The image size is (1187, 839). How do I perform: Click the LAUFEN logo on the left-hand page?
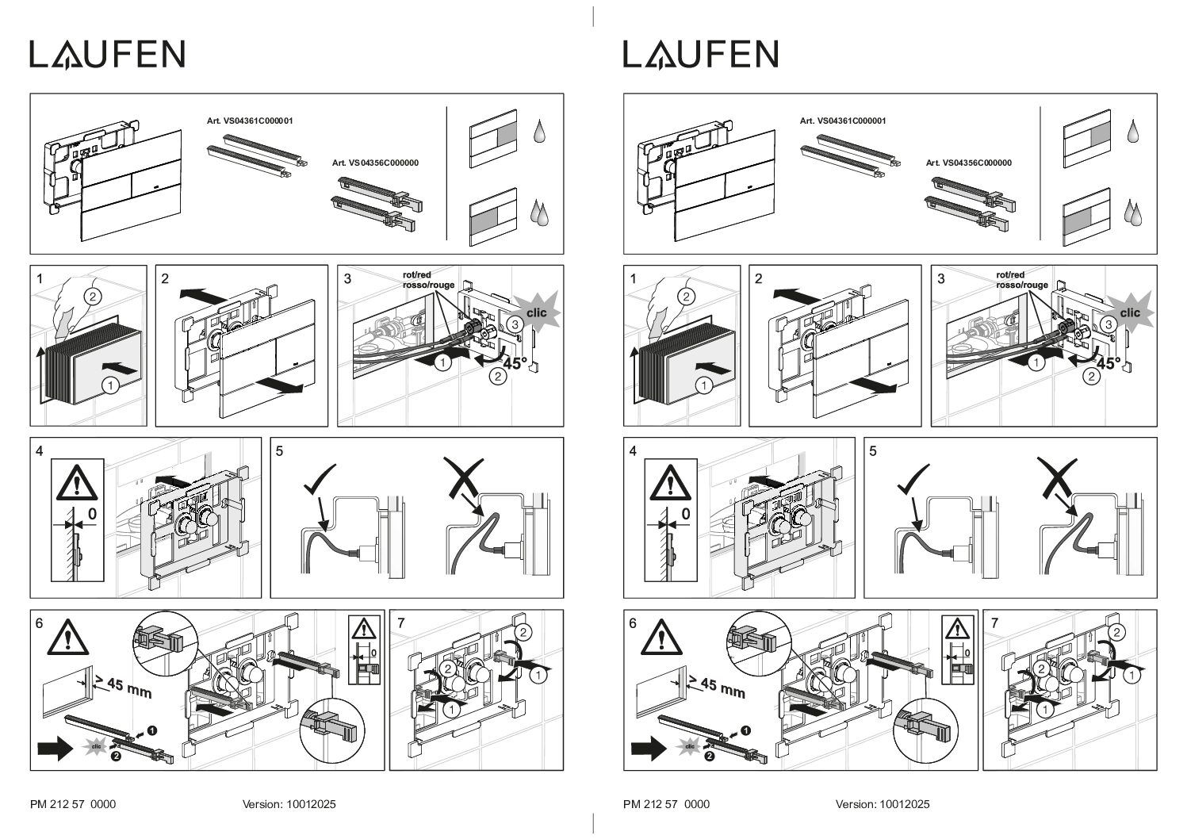click(107, 55)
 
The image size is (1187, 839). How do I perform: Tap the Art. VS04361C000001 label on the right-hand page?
click(843, 121)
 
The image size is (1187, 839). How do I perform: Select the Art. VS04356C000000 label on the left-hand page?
click(375, 163)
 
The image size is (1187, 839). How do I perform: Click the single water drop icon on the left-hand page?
click(539, 131)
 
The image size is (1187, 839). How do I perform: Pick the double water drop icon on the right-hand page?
click(1134, 213)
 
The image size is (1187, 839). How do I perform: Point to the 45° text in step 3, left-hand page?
click(515, 363)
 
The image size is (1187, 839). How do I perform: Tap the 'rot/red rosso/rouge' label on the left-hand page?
click(428, 280)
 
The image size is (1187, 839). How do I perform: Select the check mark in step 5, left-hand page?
click(320, 479)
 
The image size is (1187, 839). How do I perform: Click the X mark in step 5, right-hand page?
click(1057, 479)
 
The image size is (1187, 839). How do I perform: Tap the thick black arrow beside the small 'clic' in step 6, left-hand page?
click(56, 749)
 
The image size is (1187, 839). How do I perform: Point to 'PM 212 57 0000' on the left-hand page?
click(73, 804)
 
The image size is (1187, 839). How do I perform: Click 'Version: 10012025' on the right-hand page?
click(883, 804)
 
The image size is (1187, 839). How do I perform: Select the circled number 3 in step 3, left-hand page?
click(514, 324)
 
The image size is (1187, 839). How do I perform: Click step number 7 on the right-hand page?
click(994, 623)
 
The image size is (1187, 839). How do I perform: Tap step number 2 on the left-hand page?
click(165, 278)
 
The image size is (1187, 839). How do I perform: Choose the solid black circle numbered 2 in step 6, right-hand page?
click(709, 756)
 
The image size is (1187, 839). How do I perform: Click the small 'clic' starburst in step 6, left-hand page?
click(96, 746)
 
